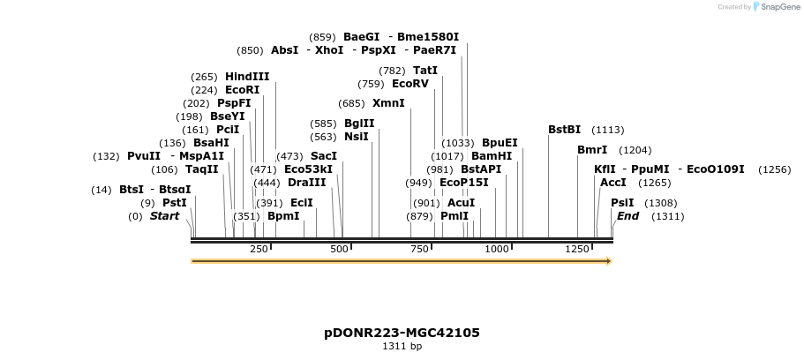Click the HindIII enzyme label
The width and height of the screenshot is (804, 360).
(247, 77)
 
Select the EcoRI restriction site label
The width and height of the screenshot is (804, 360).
(243, 90)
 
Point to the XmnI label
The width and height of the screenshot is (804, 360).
(388, 103)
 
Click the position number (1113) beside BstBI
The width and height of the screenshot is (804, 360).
(607, 130)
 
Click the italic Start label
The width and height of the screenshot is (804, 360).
(164, 216)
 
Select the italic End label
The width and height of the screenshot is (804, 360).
(627, 216)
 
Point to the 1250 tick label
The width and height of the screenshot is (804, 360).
(577, 250)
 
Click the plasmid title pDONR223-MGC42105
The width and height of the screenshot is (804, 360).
(402, 333)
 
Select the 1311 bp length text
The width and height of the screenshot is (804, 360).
(402, 347)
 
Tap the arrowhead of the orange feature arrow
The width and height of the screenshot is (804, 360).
(607, 261)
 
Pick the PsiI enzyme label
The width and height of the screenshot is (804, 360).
(622, 203)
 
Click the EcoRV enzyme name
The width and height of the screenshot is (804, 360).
(410, 84)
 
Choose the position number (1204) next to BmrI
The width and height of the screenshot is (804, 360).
(635, 150)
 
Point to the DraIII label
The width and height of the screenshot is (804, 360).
(306, 183)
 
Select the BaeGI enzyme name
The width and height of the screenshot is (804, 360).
(361, 37)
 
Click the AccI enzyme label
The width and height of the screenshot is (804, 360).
(612, 183)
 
